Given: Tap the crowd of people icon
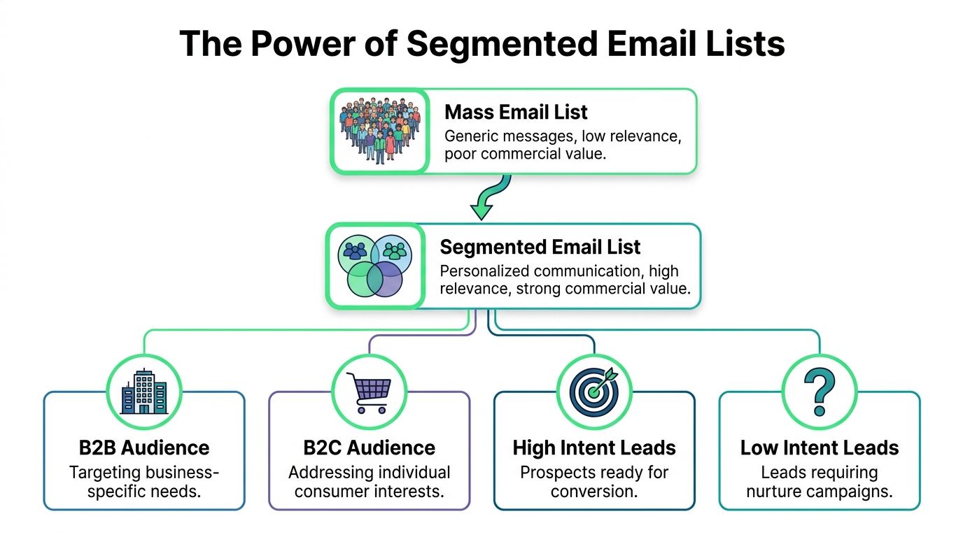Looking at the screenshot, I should [x=379, y=131].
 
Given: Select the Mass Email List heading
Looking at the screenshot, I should [x=516, y=112].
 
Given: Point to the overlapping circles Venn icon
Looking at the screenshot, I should [x=374, y=266].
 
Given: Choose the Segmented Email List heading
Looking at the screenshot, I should [x=540, y=247].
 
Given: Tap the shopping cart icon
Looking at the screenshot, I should [x=369, y=391].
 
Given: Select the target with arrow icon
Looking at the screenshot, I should [x=594, y=391].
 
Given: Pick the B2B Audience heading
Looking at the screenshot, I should [x=144, y=447].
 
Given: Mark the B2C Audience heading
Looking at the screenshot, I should [x=369, y=447].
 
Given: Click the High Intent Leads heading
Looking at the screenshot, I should [x=594, y=447].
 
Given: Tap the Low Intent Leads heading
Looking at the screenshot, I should [x=819, y=447].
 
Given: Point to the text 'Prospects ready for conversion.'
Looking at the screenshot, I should [x=594, y=481].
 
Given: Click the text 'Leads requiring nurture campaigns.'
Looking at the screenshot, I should [x=819, y=481].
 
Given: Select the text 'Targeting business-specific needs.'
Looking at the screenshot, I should [x=144, y=481].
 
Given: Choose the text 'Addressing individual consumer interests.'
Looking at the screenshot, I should [x=369, y=481].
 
